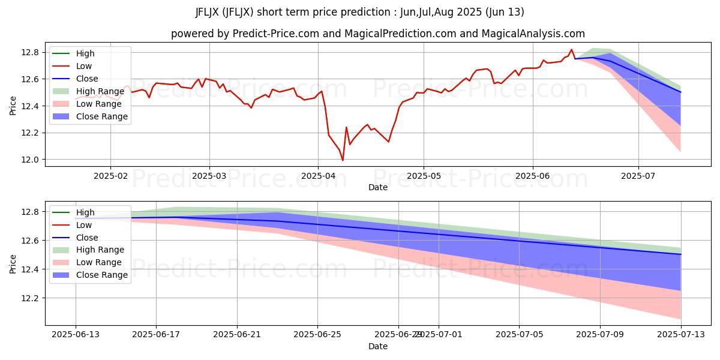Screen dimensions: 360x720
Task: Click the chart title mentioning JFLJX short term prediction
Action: click(359, 12)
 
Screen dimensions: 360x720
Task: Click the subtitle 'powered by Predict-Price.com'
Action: click(377, 34)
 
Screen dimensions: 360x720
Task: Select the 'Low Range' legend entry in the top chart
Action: click(98, 104)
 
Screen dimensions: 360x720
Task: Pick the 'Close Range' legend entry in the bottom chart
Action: click(101, 275)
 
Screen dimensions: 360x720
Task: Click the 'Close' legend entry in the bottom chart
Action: click(87, 237)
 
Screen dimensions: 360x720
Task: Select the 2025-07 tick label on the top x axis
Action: click(638, 176)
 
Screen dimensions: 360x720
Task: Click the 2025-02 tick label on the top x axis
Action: click(110, 176)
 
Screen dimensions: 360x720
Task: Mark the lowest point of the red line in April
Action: click(343, 160)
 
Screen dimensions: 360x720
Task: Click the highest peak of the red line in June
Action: click(571, 49)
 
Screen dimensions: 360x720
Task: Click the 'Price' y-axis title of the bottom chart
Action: click(13, 263)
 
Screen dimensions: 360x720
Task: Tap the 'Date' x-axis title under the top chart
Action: click(377, 187)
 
